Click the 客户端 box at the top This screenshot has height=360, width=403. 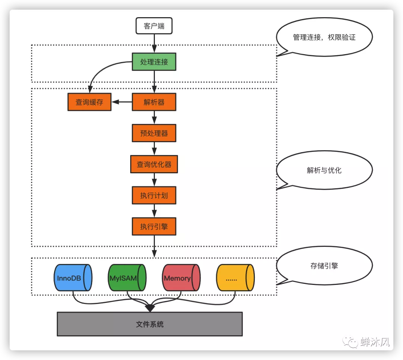click(x=154, y=26)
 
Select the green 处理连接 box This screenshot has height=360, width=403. click(x=154, y=62)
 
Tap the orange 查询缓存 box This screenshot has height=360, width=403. click(x=89, y=102)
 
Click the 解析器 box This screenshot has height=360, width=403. click(x=154, y=102)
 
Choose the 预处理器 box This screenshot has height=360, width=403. click(x=154, y=133)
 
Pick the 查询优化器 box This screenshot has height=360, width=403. click(x=154, y=164)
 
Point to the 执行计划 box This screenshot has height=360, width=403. click(x=154, y=195)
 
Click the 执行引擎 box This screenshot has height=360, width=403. click(x=154, y=226)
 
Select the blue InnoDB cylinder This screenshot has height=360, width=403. click(x=73, y=278)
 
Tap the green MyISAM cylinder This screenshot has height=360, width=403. click(x=127, y=278)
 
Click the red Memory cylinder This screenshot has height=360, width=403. click(x=181, y=278)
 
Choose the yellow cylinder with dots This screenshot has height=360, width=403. click(x=235, y=278)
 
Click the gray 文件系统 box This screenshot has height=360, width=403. click(x=150, y=324)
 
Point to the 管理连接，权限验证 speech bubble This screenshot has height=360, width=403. click(x=324, y=37)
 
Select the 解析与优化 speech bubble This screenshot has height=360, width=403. click(x=324, y=170)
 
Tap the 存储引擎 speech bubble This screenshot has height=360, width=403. click(x=324, y=266)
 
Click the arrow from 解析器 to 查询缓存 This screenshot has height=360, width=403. click(x=122, y=102)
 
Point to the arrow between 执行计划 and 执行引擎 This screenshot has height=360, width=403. click(x=154, y=211)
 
